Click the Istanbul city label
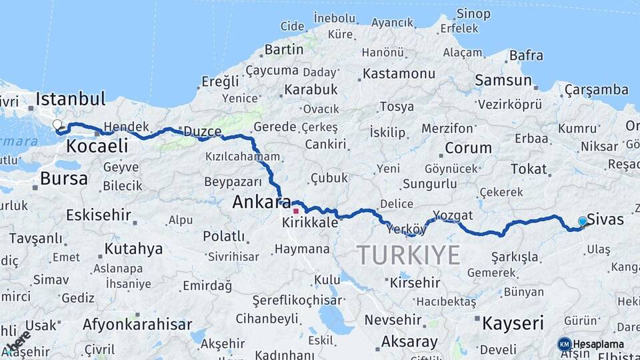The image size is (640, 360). pyautogui.click(x=71, y=99)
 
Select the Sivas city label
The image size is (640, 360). pyautogui.click(x=606, y=221)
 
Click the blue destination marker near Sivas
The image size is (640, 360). pyautogui.click(x=583, y=221)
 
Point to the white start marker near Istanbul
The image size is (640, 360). pyautogui.click(x=57, y=125)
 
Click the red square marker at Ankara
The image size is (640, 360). pyautogui.click(x=296, y=211)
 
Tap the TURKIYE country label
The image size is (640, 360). pyautogui.click(x=408, y=255)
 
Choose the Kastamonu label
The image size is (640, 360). pyautogui.click(x=399, y=73)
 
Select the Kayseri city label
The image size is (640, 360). pyautogui.click(x=513, y=323)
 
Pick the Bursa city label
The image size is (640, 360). pyautogui.click(x=64, y=178)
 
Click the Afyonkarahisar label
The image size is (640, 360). pyautogui.click(x=137, y=325)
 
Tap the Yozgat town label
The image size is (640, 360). pyautogui.click(x=453, y=215)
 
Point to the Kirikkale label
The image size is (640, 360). pyautogui.click(x=310, y=223)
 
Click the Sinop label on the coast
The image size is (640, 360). pyautogui.click(x=473, y=13)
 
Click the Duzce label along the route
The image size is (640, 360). pyautogui.click(x=202, y=131)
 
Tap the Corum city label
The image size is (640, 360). pyautogui.click(x=468, y=147)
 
